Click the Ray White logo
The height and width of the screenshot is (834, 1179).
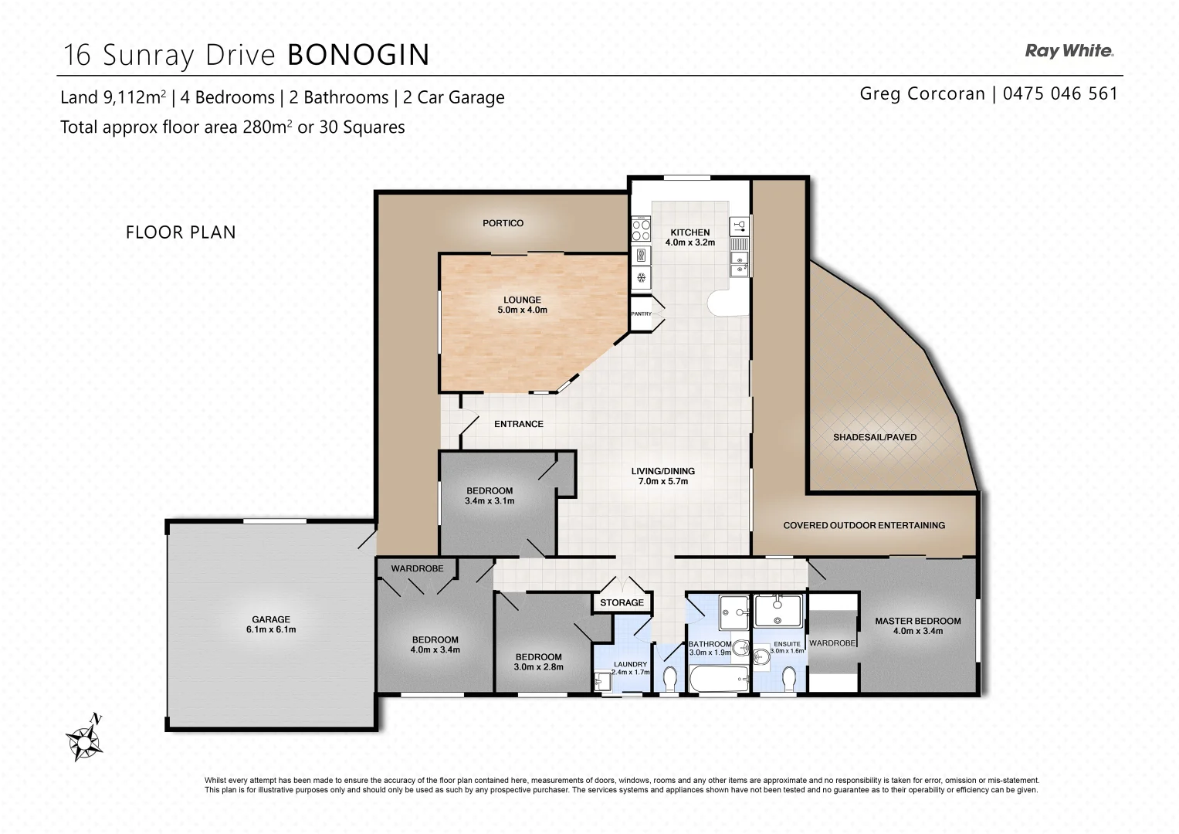click(1069, 52)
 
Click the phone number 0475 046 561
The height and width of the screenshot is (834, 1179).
click(1060, 94)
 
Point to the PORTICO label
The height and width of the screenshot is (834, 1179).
click(503, 223)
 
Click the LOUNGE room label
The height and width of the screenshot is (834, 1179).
click(522, 305)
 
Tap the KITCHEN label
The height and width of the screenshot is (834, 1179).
click(689, 237)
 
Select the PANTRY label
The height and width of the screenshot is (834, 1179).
click(641, 314)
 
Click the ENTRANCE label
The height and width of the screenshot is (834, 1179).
click(519, 424)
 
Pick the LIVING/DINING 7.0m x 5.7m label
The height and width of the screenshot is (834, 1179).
click(662, 476)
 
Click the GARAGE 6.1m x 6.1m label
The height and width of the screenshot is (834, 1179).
click(271, 624)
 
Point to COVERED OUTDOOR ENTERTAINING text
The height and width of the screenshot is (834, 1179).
click(864, 525)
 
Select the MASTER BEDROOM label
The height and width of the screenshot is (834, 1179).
click(917, 625)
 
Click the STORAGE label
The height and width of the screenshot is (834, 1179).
click(622, 602)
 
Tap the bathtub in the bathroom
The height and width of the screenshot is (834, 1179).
click(718, 681)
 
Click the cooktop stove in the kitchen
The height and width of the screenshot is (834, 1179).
click(641, 229)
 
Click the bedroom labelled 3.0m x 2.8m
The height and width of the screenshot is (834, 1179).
click(539, 662)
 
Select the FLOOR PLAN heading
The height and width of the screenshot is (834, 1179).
click(181, 232)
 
